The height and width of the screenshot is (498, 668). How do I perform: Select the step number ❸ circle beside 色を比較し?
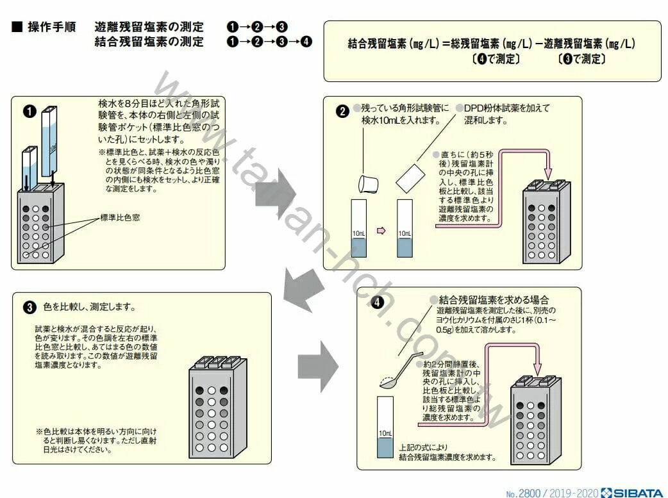tap(29, 307)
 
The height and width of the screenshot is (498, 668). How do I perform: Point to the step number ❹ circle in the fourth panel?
tap(379, 301)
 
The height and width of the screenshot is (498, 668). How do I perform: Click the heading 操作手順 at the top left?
tap(52, 28)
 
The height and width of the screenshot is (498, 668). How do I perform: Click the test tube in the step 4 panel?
tap(385, 426)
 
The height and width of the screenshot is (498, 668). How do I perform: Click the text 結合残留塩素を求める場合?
tap(494, 300)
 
